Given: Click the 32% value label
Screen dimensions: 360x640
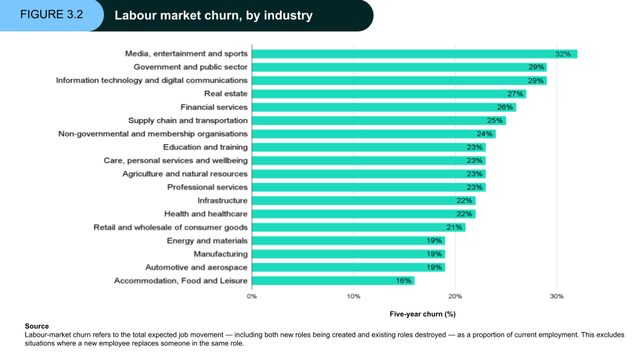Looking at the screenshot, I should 563,54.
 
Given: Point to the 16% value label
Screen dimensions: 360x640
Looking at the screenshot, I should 403,281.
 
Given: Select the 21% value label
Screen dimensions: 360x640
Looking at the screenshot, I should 455,227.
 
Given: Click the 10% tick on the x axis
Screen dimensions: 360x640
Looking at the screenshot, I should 353,296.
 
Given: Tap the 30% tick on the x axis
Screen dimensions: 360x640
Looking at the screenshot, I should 557,296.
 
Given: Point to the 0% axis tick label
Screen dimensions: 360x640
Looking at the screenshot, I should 252,296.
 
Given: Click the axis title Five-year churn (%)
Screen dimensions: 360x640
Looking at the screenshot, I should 422,313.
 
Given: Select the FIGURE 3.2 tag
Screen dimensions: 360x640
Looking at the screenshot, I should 51,15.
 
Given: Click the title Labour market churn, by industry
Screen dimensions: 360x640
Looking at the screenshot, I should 213,15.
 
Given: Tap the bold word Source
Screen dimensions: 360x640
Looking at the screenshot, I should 37,326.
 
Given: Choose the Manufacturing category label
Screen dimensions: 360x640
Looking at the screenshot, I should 221,254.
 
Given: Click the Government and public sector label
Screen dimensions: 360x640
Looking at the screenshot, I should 191,67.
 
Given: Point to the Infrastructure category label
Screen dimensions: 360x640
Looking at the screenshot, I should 223,201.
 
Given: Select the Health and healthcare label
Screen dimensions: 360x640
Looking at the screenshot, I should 206,214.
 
